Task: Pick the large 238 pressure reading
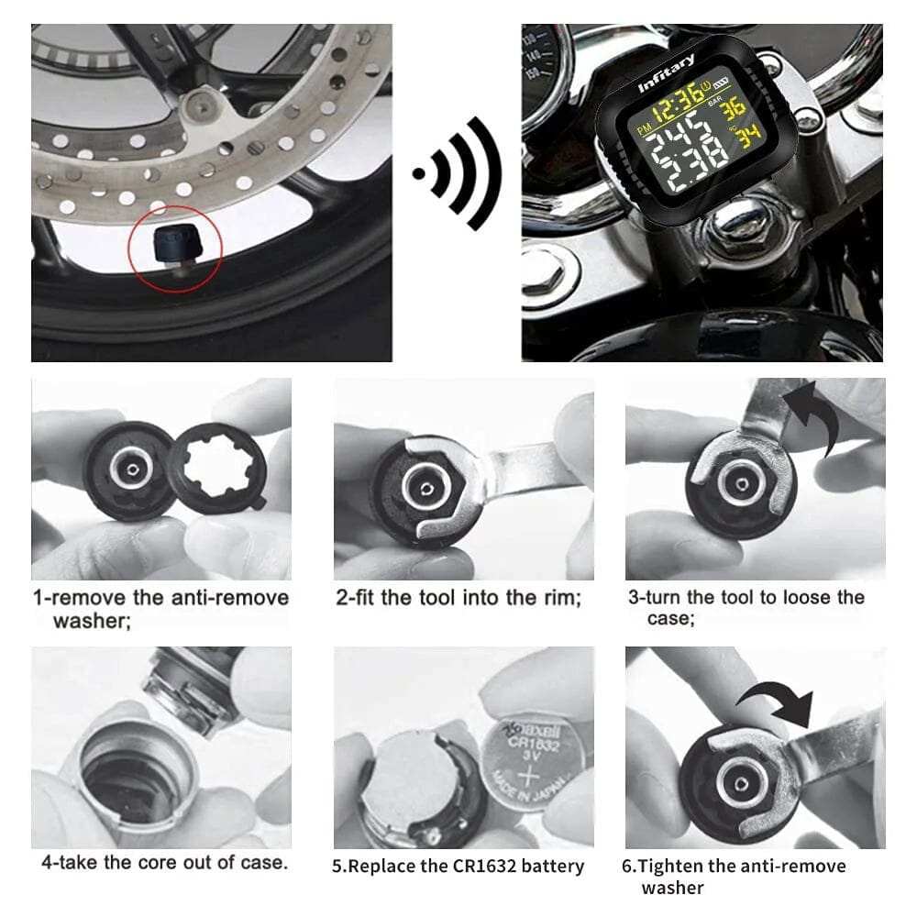674,167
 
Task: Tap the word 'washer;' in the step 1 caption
89,621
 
